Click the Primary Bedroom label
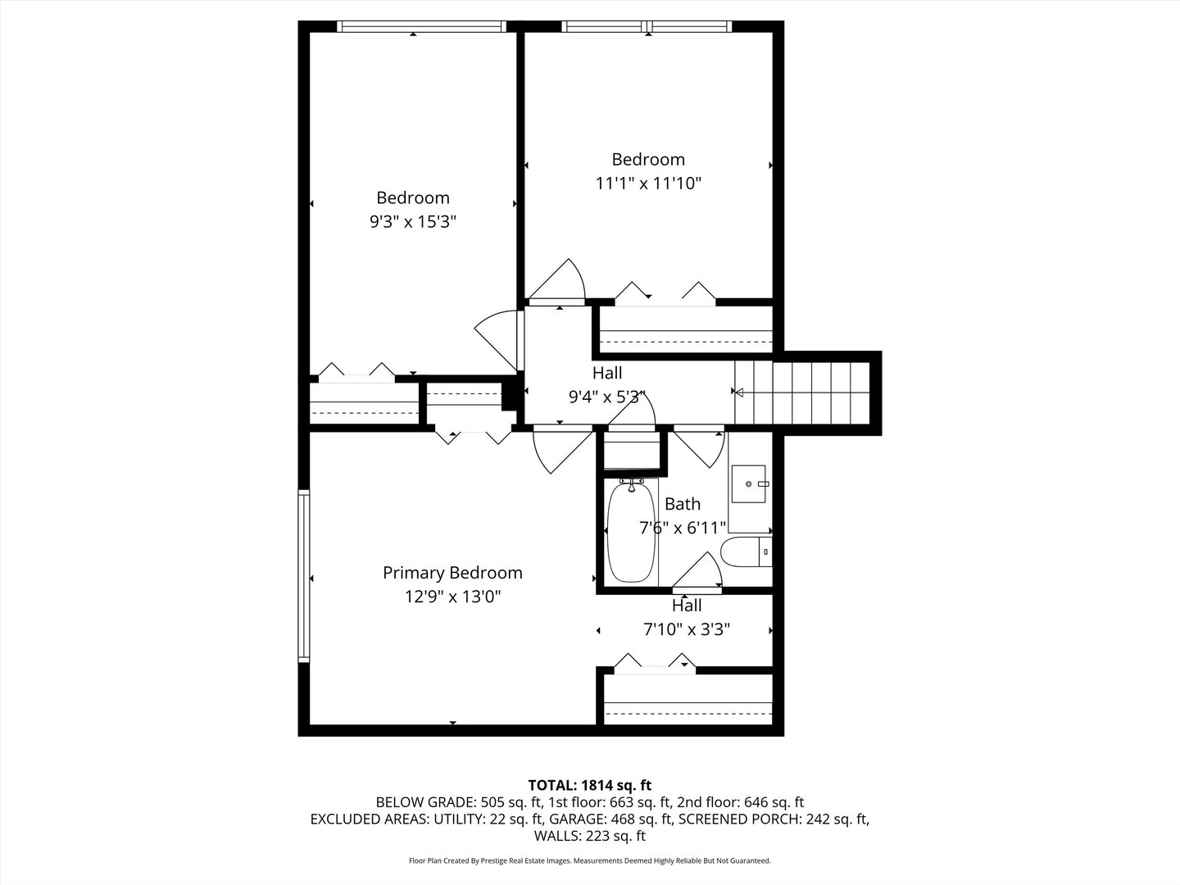(452, 573)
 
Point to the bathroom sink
(749, 483)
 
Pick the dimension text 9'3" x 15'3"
(412, 221)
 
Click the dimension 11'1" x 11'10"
(648, 183)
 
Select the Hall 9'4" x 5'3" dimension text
(607, 397)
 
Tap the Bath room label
(682, 504)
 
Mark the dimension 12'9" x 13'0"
(452, 597)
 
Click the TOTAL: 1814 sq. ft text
(590, 785)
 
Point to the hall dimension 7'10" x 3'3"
(687, 629)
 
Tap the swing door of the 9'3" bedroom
(498, 338)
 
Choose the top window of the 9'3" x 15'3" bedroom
(421, 27)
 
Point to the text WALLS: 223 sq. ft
(590, 836)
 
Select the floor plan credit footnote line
(590, 861)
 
